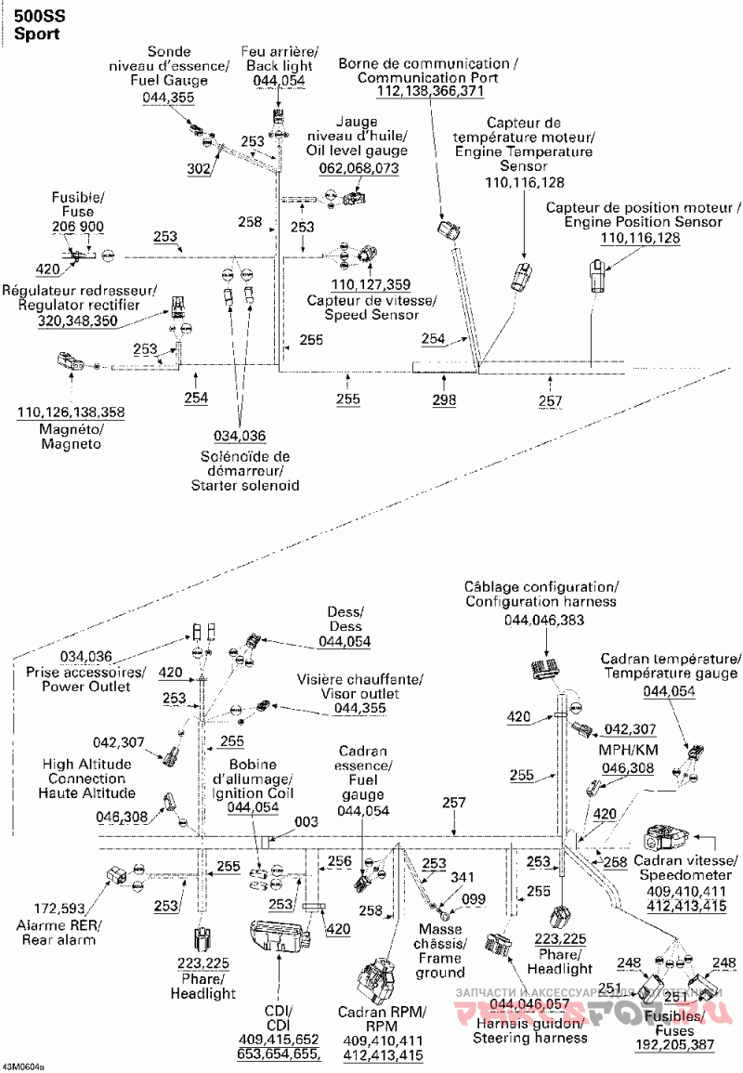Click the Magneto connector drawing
coord(69,362)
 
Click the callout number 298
coord(444,399)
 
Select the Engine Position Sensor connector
coord(597,276)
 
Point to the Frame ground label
coord(439,958)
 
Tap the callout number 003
coord(306,822)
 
